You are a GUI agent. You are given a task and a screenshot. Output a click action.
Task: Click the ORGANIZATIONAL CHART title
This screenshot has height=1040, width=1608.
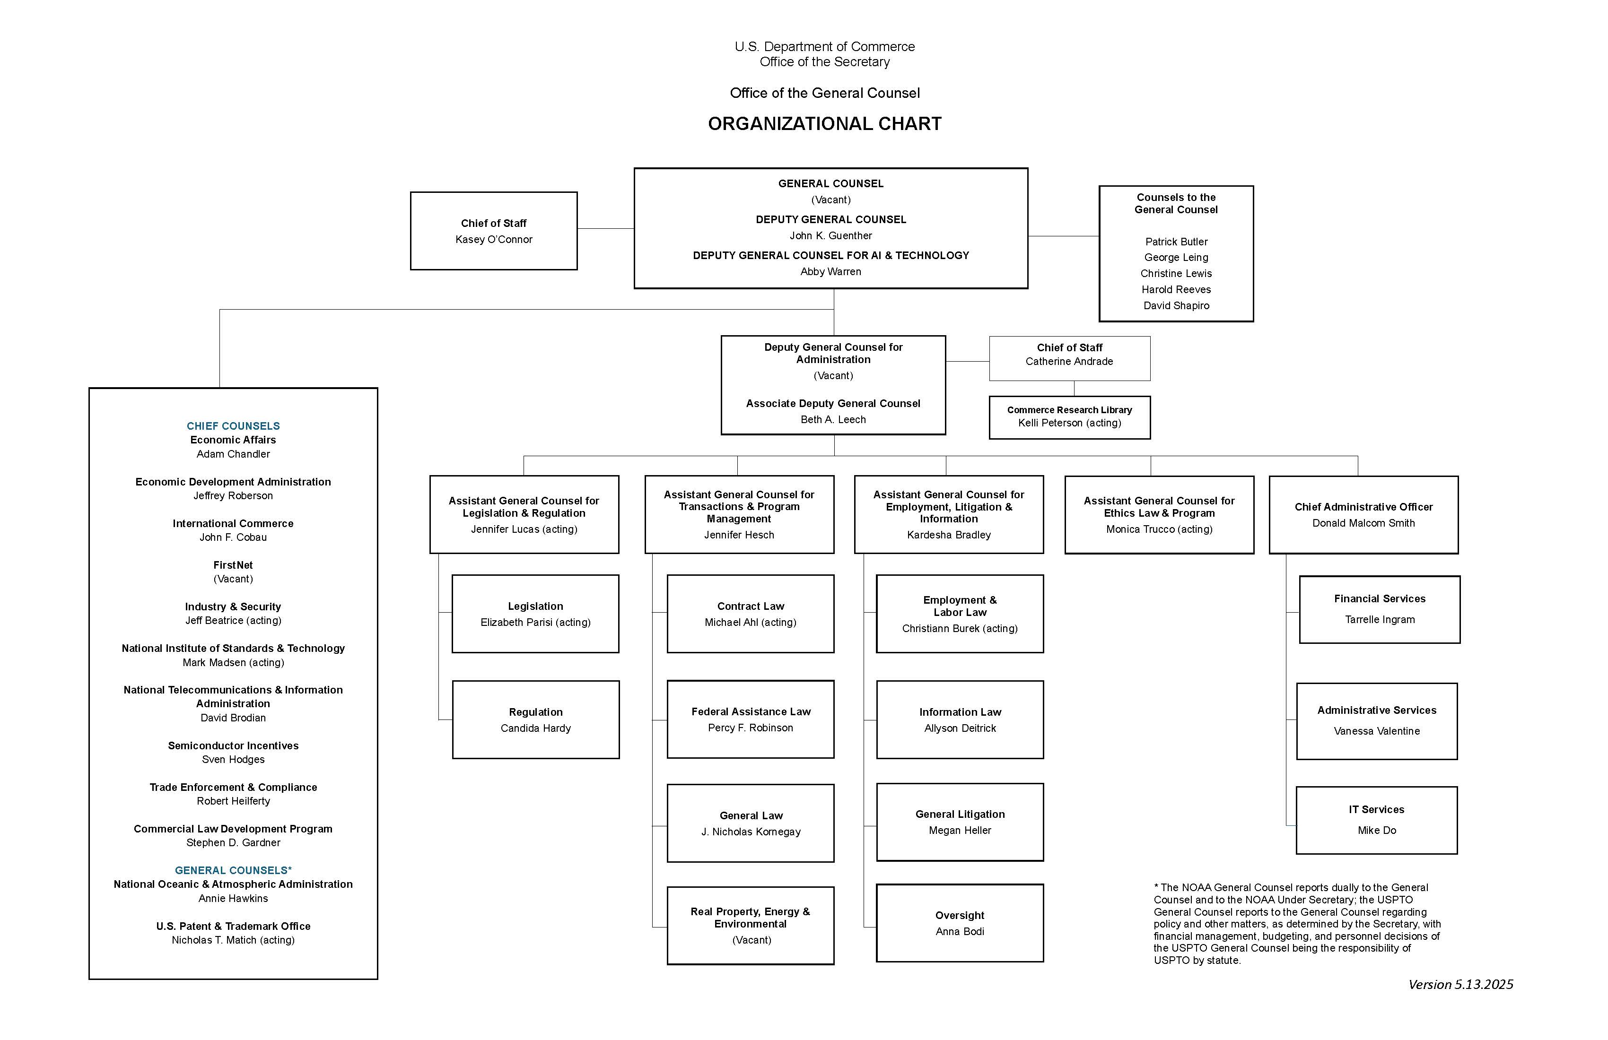click(x=824, y=123)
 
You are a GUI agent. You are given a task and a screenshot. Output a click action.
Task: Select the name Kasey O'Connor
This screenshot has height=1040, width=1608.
click(x=494, y=240)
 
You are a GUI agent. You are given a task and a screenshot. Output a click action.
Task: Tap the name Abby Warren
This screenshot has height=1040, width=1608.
click(x=830, y=271)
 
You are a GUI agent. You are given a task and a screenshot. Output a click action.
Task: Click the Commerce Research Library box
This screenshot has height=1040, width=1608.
click(x=1069, y=417)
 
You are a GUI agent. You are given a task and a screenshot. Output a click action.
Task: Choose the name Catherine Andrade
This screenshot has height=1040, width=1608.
click(x=1069, y=361)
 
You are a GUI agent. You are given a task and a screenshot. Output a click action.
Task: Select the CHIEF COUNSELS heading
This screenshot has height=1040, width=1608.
click(x=233, y=426)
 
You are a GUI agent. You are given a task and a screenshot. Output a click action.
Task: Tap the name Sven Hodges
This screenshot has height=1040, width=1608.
click(x=233, y=760)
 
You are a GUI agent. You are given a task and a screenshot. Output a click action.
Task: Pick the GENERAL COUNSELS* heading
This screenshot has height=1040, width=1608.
click(x=233, y=870)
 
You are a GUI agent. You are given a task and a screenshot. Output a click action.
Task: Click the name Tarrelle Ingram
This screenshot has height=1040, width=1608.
click(x=1380, y=620)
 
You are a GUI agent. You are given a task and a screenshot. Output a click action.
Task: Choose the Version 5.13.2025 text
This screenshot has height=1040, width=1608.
click(x=1461, y=985)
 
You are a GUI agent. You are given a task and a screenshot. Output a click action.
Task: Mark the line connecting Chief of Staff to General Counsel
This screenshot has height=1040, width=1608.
click(x=605, y=229)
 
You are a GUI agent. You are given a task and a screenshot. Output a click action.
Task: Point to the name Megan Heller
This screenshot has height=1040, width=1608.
click(x=960, y=831)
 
